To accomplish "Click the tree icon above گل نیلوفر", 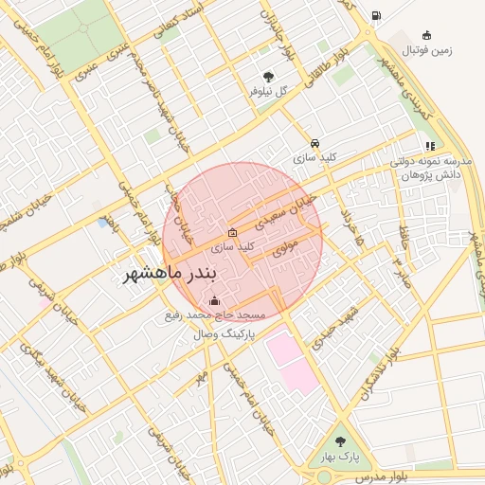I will pos(270,77).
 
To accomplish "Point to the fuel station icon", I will pos(377,15).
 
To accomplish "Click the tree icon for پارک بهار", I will pos(340,441).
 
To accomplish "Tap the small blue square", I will pos(102,224).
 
